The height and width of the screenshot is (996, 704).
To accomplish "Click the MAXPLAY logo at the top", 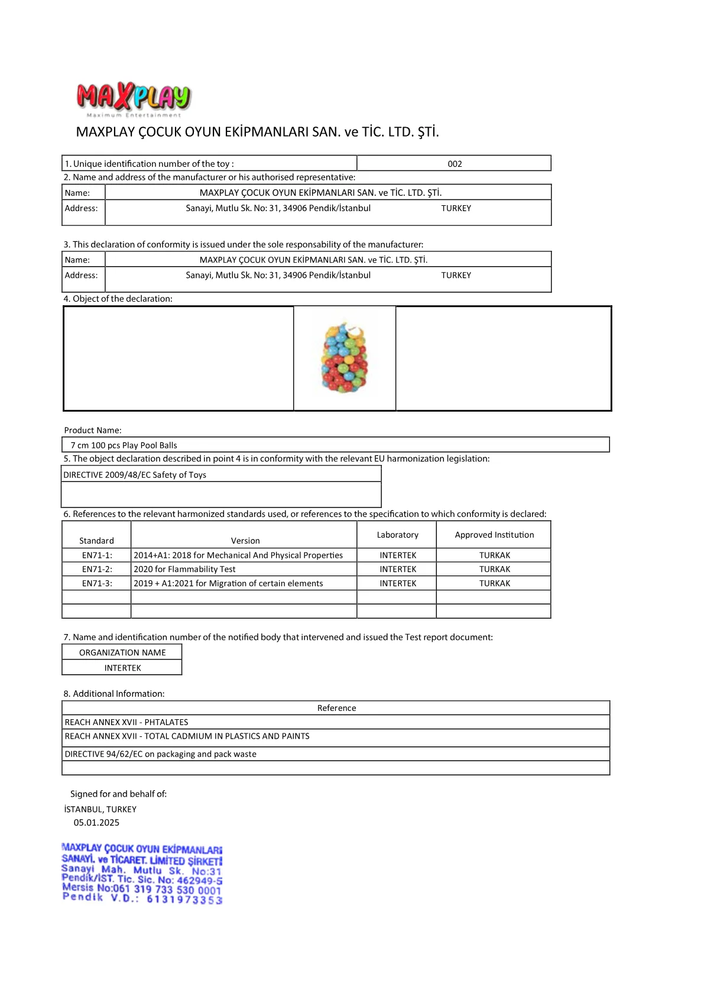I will click(x=134, y=98).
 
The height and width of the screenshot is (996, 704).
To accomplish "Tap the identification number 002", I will click(x=455, y=164).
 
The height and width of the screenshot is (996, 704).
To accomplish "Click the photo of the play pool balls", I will click(x=345, y=358).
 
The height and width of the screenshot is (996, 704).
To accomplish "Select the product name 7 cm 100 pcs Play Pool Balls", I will click(x=124, y=445).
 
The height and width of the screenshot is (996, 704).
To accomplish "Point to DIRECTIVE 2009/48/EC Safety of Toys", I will click(x=135, y=475).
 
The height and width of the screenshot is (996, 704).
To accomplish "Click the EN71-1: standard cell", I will click(x=97, y=555).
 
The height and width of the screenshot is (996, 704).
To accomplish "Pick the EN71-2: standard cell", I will click(x=97, y=569).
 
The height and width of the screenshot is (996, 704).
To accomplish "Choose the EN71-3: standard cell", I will click(x=97, y=583).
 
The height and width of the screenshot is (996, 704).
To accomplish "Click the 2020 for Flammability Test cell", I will click(x=184, y=569).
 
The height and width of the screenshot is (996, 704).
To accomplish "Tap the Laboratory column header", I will click(x=397, y=535).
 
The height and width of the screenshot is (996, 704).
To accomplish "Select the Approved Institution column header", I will click(x=494, y=535).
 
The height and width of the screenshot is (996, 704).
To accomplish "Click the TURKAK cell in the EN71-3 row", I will click(x=495, y=583).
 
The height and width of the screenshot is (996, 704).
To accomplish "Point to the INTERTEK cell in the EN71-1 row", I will click(x=398, y=555).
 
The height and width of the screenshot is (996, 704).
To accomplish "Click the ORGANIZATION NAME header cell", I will click(x=122, y=652).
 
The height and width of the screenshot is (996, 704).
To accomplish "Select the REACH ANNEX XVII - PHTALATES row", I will click(x=126, y=722).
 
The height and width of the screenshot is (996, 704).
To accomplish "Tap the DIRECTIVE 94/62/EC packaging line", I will click(x=161, y=754).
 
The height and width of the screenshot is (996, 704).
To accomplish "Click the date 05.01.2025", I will click(x=96, y=823).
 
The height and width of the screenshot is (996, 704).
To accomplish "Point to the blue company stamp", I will click(x=142, y=874).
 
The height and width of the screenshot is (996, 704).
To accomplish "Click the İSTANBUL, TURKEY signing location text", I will click(x=100, y=809).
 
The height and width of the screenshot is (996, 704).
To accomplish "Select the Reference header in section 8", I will click(x=336, y=708).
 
